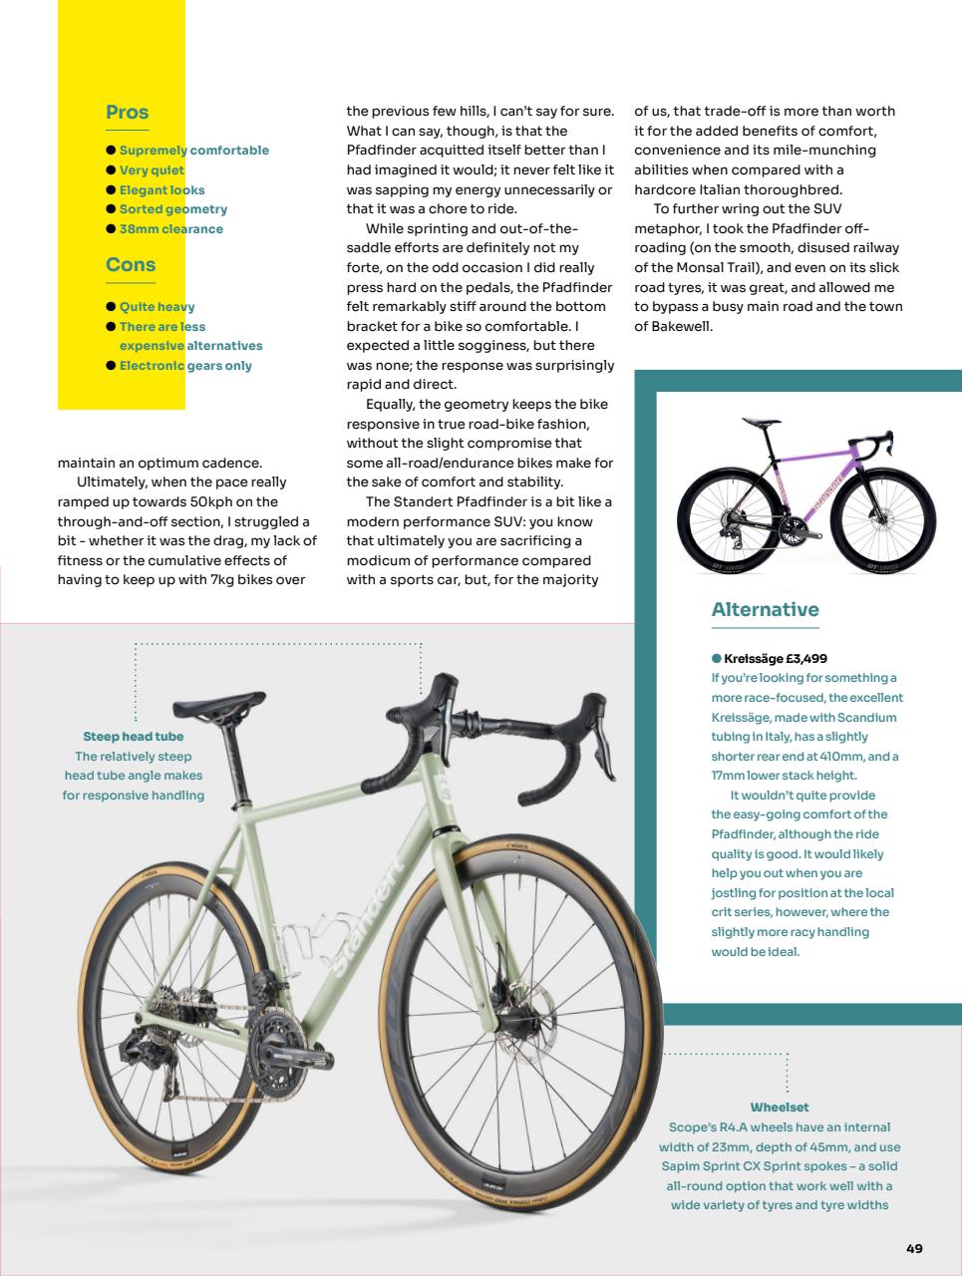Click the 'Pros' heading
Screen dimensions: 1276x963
(x=127, y=113)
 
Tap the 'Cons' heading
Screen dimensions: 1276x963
(x=131, y=264)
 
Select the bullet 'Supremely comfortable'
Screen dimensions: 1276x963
(x=193, y=151)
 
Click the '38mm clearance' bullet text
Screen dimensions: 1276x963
(x=170, y=228)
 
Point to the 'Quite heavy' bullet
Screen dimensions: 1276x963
(x=157, y=307)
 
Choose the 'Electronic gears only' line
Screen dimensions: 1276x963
(x=185, y=366)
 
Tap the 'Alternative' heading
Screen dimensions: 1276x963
(x=765, y=609)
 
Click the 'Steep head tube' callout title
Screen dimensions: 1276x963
(x=133, y=737)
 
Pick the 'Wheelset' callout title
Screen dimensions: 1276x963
(x=779, y=1108)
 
